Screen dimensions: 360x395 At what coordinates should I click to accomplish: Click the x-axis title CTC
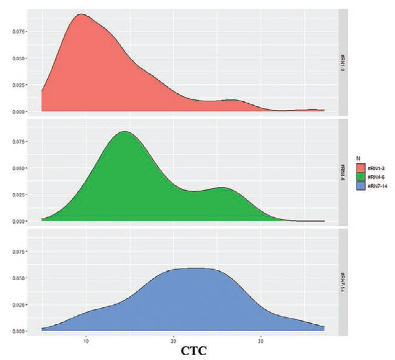194,350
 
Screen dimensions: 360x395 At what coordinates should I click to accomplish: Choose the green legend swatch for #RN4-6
361,177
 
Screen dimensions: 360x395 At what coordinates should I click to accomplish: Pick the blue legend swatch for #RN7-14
361,186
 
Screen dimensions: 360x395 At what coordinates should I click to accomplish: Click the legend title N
358,158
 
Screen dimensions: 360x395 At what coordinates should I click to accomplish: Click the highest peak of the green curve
124,131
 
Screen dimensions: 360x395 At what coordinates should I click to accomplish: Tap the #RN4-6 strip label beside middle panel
342,171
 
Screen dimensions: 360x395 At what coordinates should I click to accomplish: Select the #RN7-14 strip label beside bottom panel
342,281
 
